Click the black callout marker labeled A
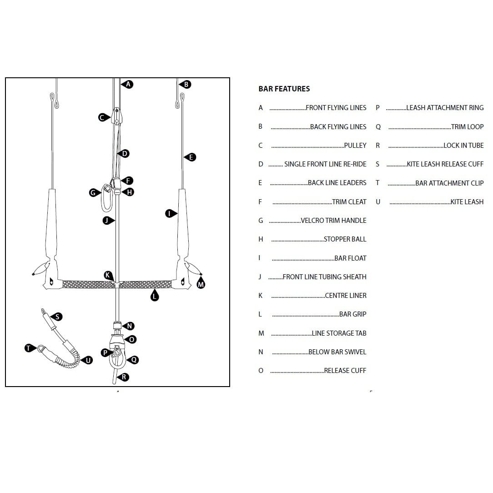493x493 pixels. pyautogui.click(x=128, y=84)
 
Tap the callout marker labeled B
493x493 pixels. pyautogui.click(x=186, y=84)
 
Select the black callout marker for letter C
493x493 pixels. pyautogui.click(x=103, y=117)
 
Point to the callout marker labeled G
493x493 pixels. pyautogui.click(x=93, y=193)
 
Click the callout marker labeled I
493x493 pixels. pyautogui.click(x=170, y=213)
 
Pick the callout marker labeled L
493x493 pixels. pyautogui.click(x=155, y=297)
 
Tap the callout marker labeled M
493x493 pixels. pyautogui.click(x=201, y=284)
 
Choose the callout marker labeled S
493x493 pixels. pyautogui.click(x=58, y=317)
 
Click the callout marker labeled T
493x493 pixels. pyautogui.click(x=29, y=348)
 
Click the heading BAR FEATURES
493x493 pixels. pyautogui.click(x=284, y=89)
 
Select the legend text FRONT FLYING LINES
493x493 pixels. pyautogui.click(x=336, y=108)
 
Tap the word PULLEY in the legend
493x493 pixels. pyautogui.click(x=355, y=146)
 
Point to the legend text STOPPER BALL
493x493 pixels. pyautogui.click(x=345, y=239)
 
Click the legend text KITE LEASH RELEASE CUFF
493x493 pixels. pyautogui.click(x=445, y=164)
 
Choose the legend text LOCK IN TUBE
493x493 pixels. pyautogui.click(x=463, y=146)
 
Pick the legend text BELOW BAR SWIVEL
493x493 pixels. pyautogui.click(x=337, y=352)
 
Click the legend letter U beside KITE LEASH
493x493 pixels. pyautogui.click(x=378, y=202)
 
